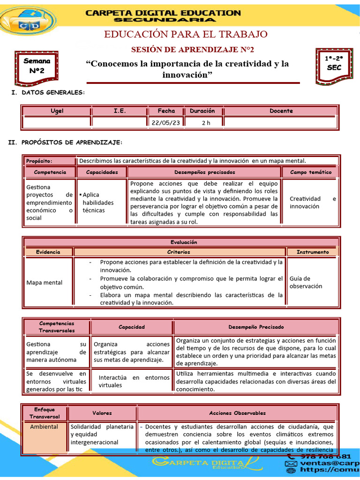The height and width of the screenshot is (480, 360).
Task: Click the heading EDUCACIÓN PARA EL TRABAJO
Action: tap(186, 34)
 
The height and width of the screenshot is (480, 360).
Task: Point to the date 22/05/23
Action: tap(166, 123)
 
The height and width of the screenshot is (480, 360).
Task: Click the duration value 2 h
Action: tap(206, 123)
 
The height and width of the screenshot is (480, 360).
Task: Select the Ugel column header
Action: tap(57, 111)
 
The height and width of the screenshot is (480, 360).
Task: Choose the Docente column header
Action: tap(281, 111)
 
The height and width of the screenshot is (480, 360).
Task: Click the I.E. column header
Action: tap(120, 111)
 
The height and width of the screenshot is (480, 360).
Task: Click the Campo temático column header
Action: tap(310, 172)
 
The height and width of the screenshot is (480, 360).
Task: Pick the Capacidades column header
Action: tap(102, 172)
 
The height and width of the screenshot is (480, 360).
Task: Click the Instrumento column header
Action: tap(312, 252)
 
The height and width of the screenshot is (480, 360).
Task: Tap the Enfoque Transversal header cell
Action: tap(45, 413)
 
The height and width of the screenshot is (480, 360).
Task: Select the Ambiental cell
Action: tap(44, 427)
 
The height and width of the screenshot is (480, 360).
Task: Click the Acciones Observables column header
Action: tap(237, 413)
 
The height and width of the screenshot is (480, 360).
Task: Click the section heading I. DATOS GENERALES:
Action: tap(48, 92)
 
